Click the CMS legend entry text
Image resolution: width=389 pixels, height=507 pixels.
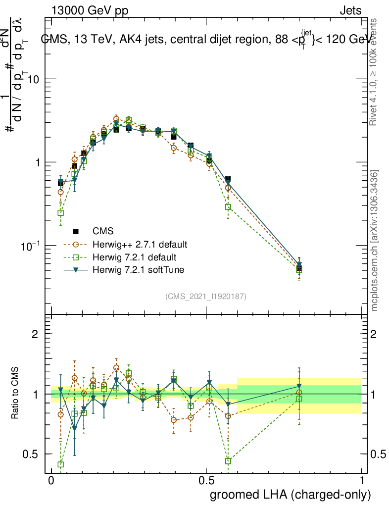coord(103,231)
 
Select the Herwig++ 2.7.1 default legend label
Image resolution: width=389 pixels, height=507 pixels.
coord(139,245)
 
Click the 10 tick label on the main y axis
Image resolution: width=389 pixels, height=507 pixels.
coord(33,80)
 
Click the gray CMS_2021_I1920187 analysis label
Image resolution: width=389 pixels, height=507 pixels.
coord(206,297)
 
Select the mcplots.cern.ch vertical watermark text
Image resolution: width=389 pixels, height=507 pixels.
coord(375,240)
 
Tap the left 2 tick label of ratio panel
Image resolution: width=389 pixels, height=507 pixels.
coord(35,334)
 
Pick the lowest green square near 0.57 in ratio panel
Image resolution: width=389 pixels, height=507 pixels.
coord(228,461)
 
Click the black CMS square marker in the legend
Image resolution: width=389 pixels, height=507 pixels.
coord(76,231)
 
